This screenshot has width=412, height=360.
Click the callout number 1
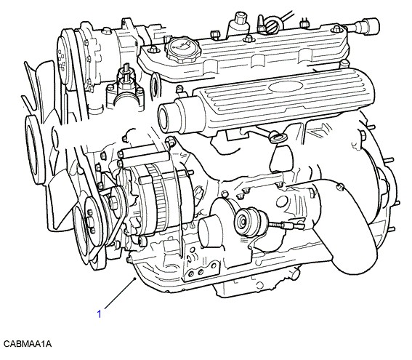point(99,313)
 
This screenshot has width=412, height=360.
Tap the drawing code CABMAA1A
point(28,344)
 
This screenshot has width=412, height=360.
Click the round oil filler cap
point(183,49)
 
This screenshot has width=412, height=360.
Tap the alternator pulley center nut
point(113,203)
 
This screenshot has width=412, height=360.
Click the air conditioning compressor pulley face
point(64,60)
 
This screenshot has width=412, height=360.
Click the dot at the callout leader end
point(135,279)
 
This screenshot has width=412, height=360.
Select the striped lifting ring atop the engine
point(273,25)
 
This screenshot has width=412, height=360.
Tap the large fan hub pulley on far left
point(34,149)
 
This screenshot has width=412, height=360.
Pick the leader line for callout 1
point(120,293)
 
